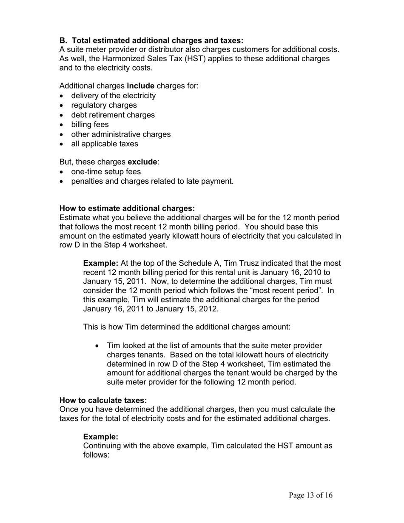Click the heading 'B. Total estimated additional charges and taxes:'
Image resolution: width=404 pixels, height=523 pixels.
click(151, 40)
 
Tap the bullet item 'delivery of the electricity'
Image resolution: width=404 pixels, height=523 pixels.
click(113, 96)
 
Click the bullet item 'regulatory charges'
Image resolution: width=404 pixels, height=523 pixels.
click(104, 105)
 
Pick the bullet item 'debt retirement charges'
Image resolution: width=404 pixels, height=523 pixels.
click(113, 115)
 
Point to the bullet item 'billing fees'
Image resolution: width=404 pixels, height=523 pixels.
click(90, 125)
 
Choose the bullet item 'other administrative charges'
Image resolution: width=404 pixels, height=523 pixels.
click(121, 134)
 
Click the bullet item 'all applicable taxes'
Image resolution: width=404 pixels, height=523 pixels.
click(105, 144)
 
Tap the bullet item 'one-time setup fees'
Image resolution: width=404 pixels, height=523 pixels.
click(106, 172)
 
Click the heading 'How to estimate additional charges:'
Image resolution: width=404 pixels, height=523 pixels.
click(127, 208)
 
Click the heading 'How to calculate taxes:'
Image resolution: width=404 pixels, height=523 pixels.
click(103, 401)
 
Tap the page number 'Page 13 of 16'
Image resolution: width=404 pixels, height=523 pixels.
click(310, 495)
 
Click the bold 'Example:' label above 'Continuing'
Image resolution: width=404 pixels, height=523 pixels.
click(100, 437)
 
